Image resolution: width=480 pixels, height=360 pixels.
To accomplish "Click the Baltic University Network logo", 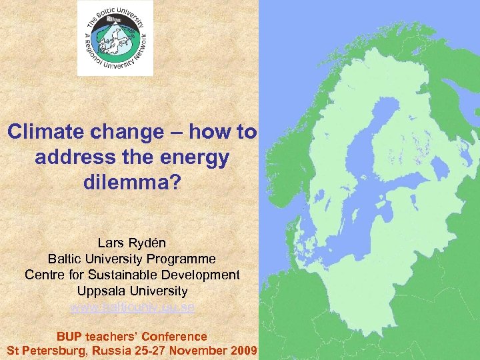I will pyautogui.click(x=115, y=38).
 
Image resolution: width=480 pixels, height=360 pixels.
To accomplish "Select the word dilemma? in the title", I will pyautogui.click(x=132, y=182).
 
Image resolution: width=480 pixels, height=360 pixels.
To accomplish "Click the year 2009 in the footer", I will pyautogui.click(x=244, y=351).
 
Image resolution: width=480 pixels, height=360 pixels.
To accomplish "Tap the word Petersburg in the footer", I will pyautogui.click(x=57, y=351).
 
